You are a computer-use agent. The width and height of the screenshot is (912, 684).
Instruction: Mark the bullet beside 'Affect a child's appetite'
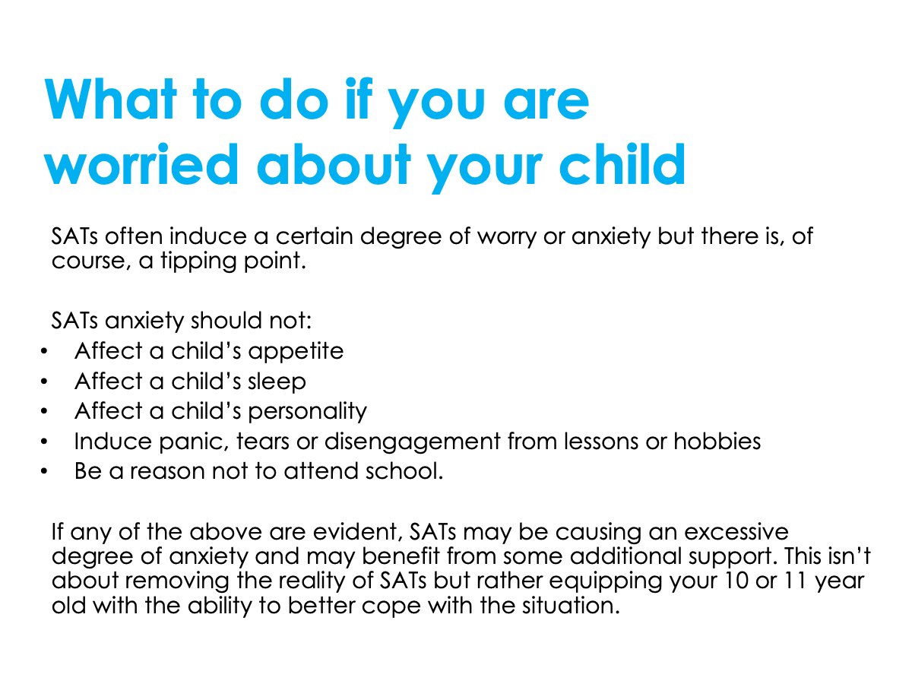tap(45, 352)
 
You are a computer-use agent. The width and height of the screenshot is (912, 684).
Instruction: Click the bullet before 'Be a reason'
tap(45, 472)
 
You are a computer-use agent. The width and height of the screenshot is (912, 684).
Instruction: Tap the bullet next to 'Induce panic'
tap(45, 442)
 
